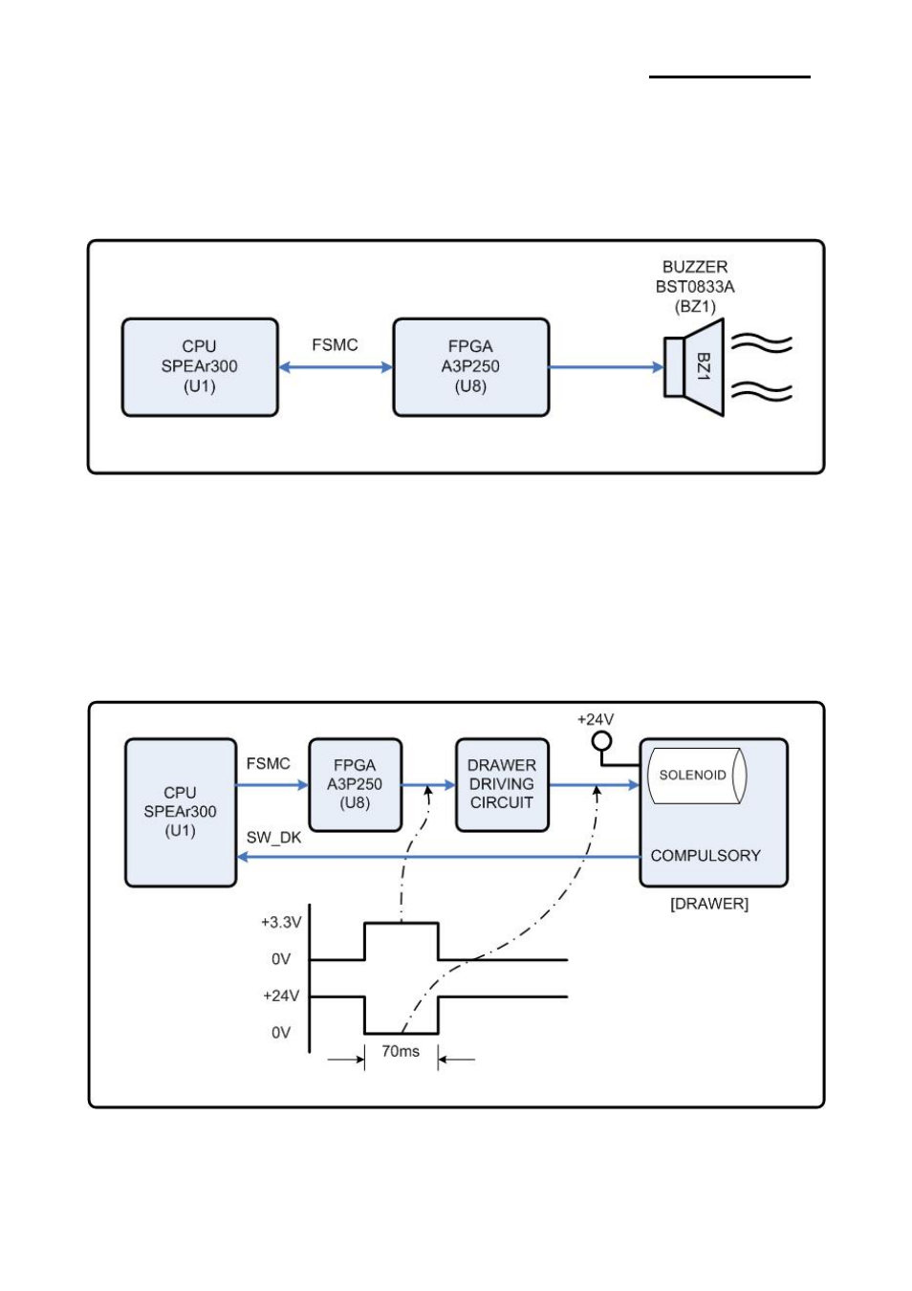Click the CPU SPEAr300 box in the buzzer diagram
200,367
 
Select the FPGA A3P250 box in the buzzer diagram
471,367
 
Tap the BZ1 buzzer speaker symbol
695,367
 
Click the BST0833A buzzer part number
695,287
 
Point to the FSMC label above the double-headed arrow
335,345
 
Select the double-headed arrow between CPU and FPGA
336,367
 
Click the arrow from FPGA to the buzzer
606,367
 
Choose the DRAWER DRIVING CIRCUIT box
502,784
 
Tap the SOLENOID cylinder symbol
696,776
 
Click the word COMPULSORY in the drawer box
706,856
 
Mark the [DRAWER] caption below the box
709,905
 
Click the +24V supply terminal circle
601,740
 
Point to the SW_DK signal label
273,838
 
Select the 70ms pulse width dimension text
401,1052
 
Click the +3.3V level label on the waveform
281,923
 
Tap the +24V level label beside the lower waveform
281,996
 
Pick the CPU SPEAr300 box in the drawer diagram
181,812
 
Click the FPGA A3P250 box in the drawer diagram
355,784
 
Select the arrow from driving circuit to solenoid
594,785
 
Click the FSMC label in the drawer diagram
268,764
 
